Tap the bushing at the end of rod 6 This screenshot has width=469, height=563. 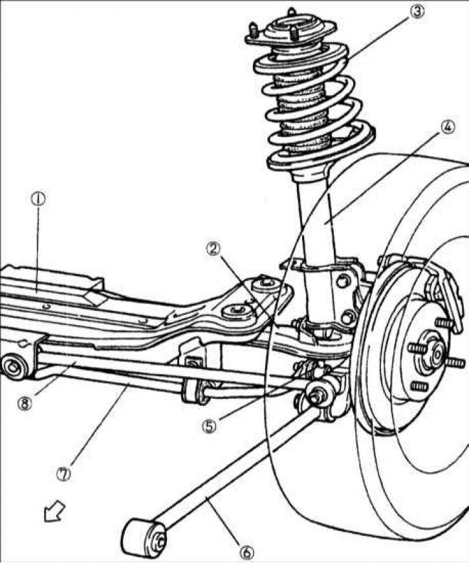pos(142,533)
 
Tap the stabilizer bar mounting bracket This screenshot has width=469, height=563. pos(193,388)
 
